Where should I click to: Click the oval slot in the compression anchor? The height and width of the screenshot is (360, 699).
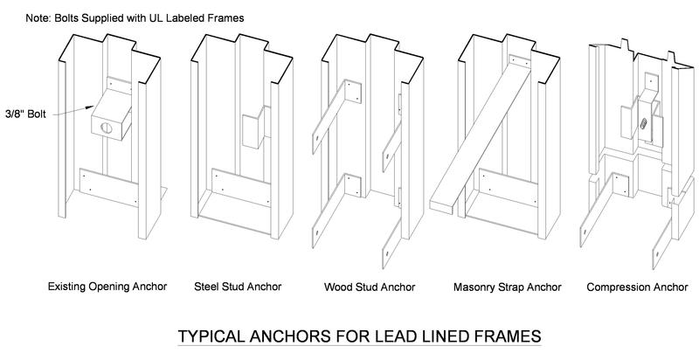coord(643,124)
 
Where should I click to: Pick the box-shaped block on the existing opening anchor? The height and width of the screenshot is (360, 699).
coord(110,115)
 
